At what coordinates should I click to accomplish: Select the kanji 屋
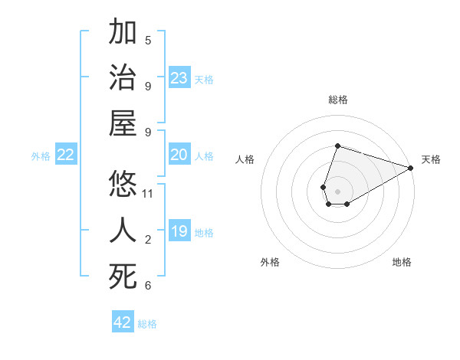pos(123,123)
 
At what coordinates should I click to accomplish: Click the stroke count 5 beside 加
pos(148,41)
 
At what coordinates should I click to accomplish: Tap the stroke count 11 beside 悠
pos(148,193)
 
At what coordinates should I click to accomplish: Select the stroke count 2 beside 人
pos(148,240)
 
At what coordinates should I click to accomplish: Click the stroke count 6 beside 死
pos(148,286)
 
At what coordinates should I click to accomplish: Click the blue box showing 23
pos(179,78)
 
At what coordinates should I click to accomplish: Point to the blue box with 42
pos(123,322)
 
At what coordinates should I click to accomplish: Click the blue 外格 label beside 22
pos(41,156)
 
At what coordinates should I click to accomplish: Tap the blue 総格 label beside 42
pos(147,324)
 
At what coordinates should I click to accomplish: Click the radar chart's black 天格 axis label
pos(431,159)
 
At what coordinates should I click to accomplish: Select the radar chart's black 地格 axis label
pos(402,262)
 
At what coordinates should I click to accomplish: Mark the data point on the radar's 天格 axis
pos(411,168)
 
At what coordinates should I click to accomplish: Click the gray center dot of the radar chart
pos(337,190)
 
